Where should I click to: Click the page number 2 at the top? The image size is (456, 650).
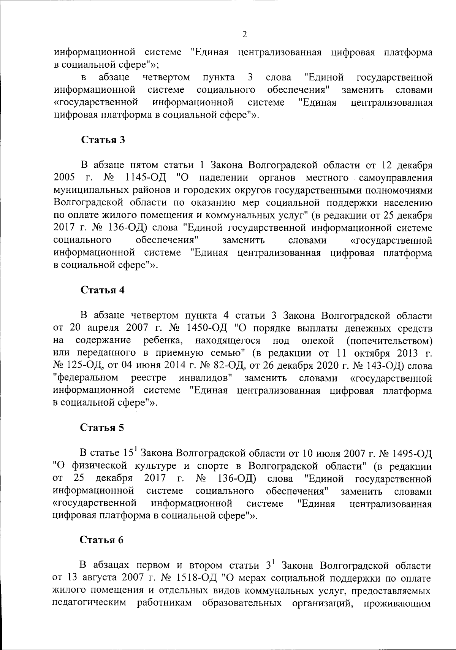244,35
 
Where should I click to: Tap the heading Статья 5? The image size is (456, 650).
102,427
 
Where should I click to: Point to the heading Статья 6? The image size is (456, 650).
102,540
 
